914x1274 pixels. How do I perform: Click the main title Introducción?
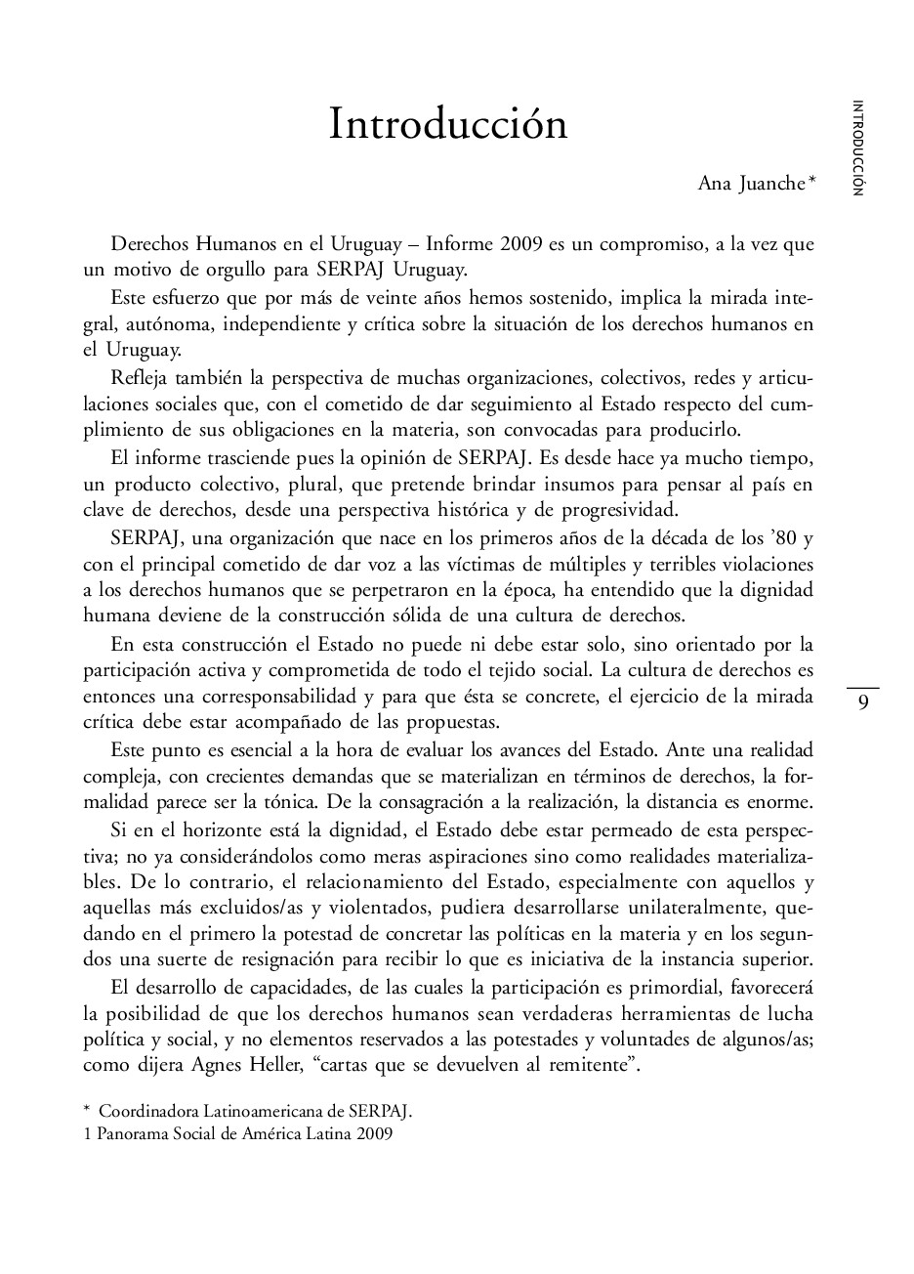(448, 125)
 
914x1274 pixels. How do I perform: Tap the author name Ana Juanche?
(751, 184)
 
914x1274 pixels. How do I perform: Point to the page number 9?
(862, 702)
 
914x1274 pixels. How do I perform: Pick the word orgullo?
(222, 268)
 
